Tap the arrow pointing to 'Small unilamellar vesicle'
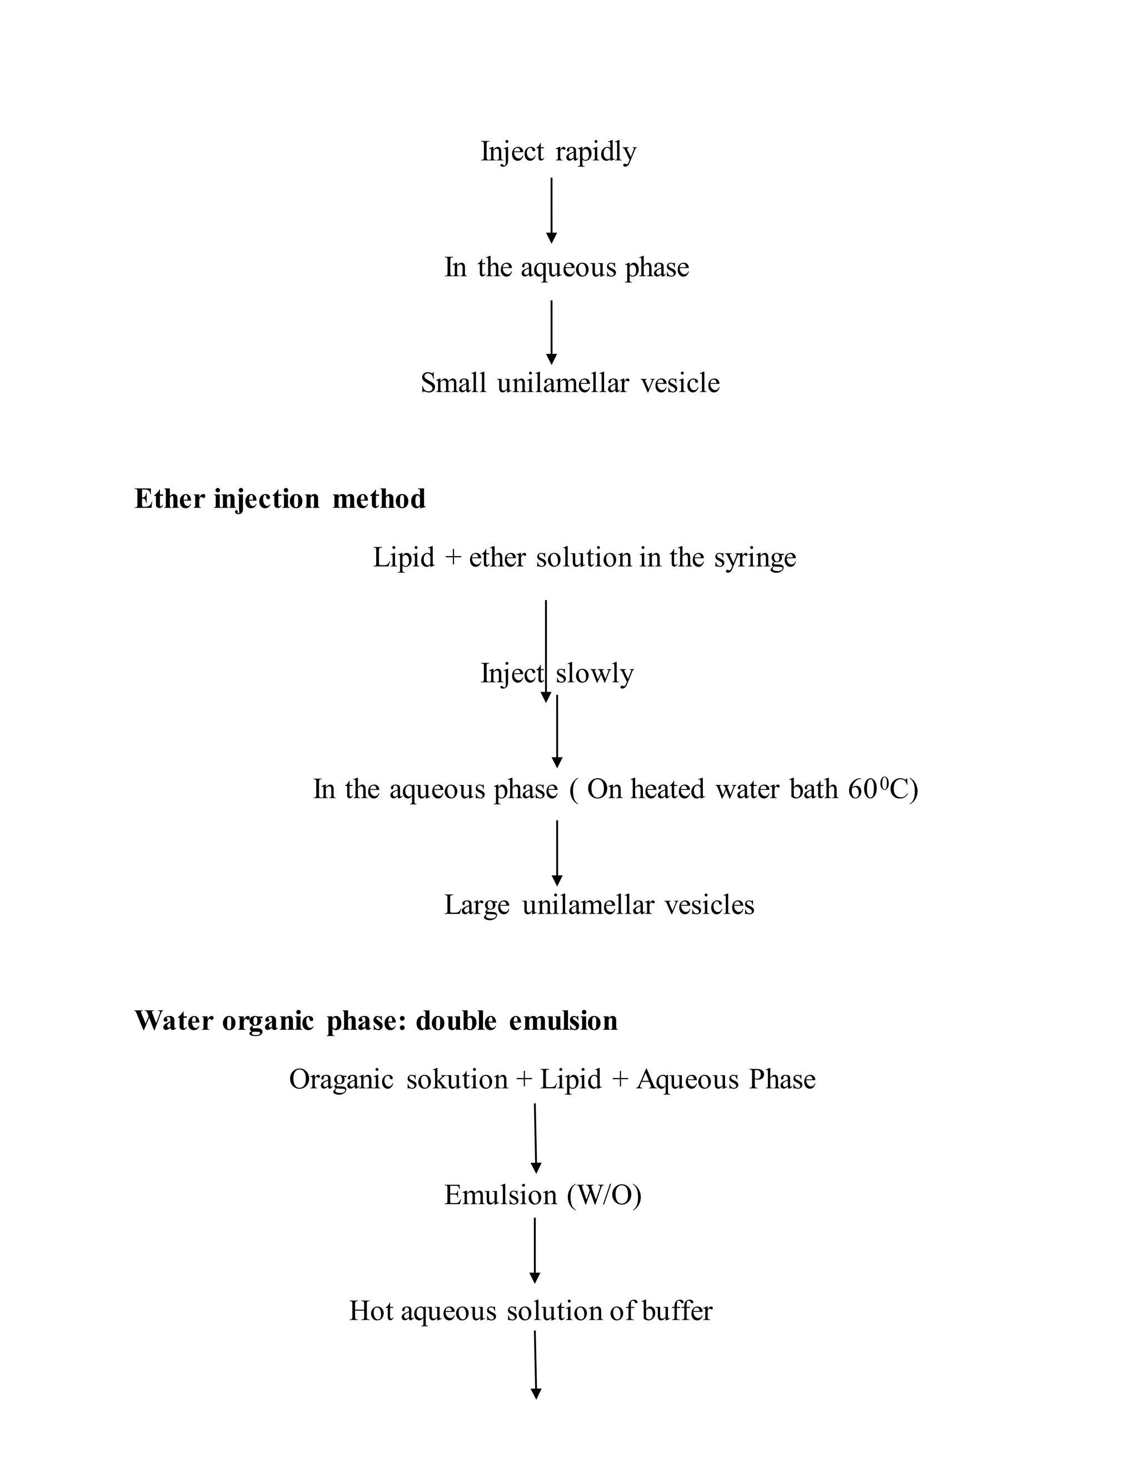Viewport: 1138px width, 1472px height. click(x=551, y=332)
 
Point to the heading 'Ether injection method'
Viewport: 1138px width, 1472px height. click(x=280, y=499)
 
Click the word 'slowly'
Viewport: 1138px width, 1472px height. click(x=595, y=673)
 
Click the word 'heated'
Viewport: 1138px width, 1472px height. click(x=667, y=789)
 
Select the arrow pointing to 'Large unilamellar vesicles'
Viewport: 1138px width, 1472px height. click(x=557, y=853)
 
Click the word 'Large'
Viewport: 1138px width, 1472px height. click(x=477, y=905)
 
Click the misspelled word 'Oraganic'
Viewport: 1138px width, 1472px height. click(x=341, y=1079)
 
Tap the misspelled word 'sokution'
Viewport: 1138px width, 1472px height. click(x=457, y=1079)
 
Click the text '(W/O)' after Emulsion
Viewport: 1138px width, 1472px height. click(x=604, y=1195)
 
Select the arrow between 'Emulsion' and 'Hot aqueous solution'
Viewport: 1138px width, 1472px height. click(x=535, y=1250)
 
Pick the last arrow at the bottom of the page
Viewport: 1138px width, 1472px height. click(x=536, y=1365)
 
